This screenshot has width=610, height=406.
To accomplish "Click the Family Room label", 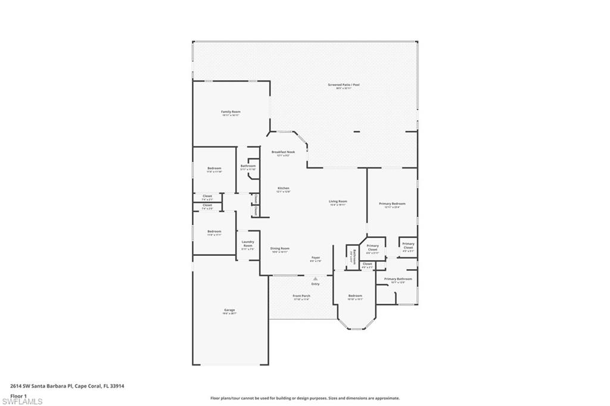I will click(231, 112).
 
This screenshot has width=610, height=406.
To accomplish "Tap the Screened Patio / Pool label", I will click(344, 85).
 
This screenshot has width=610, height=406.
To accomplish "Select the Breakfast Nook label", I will click(283, 152).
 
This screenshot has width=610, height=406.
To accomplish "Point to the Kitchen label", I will click(283, 189).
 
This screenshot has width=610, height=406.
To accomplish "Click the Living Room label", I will click(338, 202).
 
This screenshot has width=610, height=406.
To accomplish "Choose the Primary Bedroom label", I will click(393, 204).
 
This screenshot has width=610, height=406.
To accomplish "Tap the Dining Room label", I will click(279, 249).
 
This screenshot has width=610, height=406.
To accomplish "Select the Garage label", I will click(229, 310).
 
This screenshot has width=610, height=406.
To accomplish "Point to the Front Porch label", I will click(301, 296).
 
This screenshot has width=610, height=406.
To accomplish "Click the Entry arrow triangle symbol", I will click(316, 278).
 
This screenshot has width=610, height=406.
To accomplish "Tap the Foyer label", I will click(316, 258).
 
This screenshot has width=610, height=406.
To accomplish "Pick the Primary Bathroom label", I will click(398, 279).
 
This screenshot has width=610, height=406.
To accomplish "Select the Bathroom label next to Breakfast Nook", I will click(248, 166).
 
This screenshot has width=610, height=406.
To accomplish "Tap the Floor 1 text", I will click(18, 395).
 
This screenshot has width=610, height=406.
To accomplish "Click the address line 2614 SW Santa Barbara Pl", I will click(67, 386).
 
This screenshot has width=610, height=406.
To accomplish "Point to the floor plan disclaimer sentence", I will click(304, 398).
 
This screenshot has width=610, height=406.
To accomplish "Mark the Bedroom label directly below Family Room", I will click(214, 168).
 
